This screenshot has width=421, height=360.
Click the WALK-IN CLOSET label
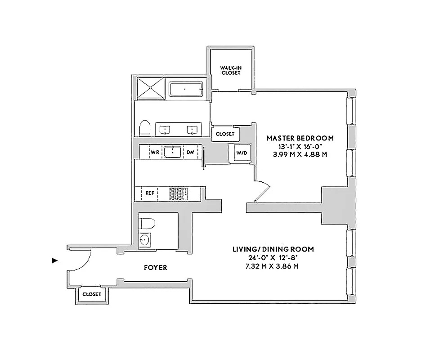click(x=230, y=70)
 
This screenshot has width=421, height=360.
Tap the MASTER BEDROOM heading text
click(x=300, y=138)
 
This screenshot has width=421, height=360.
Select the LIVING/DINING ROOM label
click(x=273, y=249)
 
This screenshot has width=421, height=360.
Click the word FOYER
click(x=156, y=267)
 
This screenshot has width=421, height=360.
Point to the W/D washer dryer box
click(x=242, y=153)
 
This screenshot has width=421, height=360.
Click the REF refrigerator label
click(x=149, y=193)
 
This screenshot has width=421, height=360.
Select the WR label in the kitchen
click(x=155, y=152)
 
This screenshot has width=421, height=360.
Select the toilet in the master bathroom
click(x=144, y=128)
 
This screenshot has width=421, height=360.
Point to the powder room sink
click(x=144, y=240)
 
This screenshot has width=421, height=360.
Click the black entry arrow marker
click(x=55, y=260)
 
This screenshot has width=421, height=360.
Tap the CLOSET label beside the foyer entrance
click(x=92, y=295)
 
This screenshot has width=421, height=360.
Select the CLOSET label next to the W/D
click(x=225, y=134)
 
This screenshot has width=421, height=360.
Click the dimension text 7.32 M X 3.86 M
click(x=273, y=266)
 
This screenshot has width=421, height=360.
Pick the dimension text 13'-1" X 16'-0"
click(x=300, y=146)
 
